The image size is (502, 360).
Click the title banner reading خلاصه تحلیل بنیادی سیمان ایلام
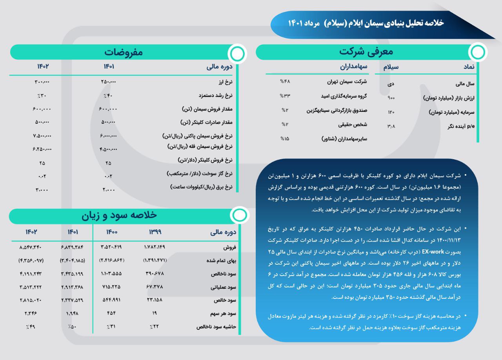click(366, 23)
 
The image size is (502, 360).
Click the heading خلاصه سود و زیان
click(119, 215)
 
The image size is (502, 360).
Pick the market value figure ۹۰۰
click(391, 98)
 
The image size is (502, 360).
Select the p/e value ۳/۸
click(391, 126)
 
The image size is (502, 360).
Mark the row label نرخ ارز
click(226, 82)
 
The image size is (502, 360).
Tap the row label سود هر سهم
click(223, 314)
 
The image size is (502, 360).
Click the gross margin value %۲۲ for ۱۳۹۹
click(155, 327)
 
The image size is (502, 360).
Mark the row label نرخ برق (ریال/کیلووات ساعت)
click(202, 187)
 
